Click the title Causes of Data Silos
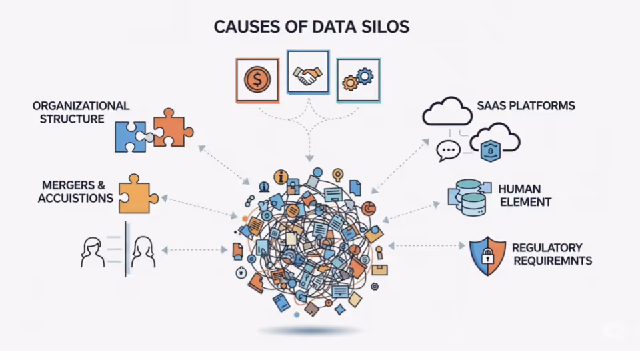click(x=311, y=27)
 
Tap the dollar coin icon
click(x=257, y=79)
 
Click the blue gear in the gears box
click(x=365, y=76)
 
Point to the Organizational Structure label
click(x=81, y=112)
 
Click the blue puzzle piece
click(x=130, y=137)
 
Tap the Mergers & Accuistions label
click(x=75, y=191)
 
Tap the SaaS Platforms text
click(x=526, y=106)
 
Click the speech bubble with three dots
click(x=448, y=150)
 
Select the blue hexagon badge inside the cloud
click(x=490, y=151)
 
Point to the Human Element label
click(x=525, y=195)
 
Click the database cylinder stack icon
click(x=469, y=197)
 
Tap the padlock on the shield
click(x=487, y=256)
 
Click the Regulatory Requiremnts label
click(x=552, y=254)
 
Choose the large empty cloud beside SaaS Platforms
click(x=447, y=111)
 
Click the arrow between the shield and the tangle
click(x=427, y=246)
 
